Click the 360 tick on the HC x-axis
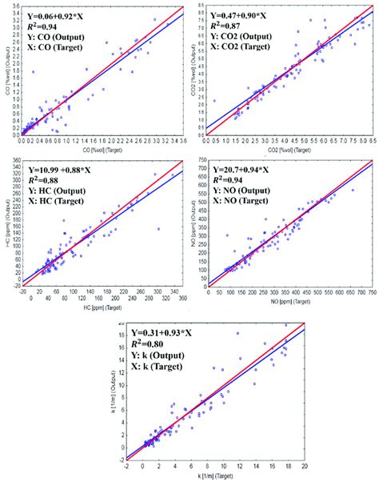(x=184, y=298)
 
